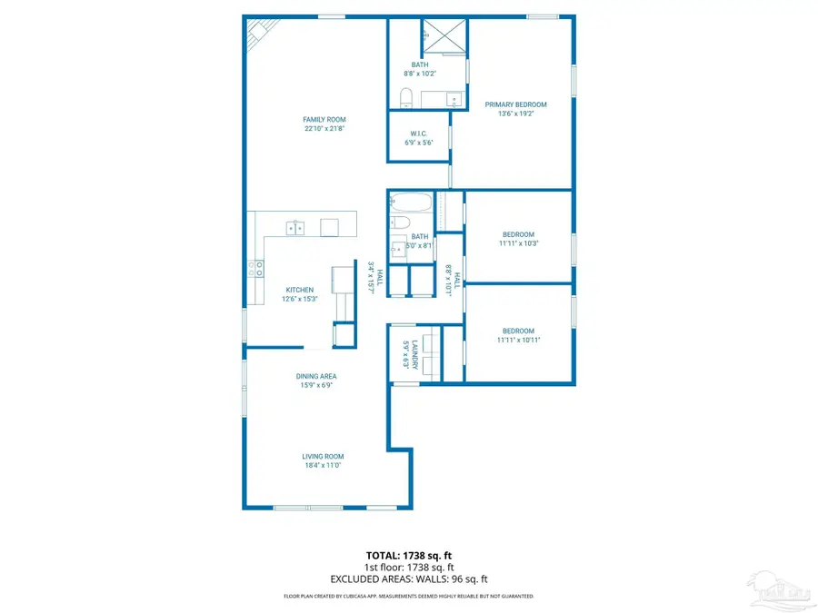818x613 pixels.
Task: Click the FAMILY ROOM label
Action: (x=324, y=120)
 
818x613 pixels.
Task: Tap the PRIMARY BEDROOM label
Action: (x=515, y=104)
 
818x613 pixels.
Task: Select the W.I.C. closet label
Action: (x=418, y=133)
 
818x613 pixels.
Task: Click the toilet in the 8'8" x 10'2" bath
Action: (x=405, y=95)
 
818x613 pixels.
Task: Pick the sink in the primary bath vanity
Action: (x=454, y=97)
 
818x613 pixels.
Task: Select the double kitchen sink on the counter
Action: (x=295, y=227)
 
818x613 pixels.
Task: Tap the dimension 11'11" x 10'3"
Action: (x=519, y=243)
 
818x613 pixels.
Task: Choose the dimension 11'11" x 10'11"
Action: (x=519, y=340)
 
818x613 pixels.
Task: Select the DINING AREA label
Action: (x=316, y=376)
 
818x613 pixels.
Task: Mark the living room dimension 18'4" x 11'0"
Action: (x=324, y=465)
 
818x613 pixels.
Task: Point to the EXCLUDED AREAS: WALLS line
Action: (x=409, y=578)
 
